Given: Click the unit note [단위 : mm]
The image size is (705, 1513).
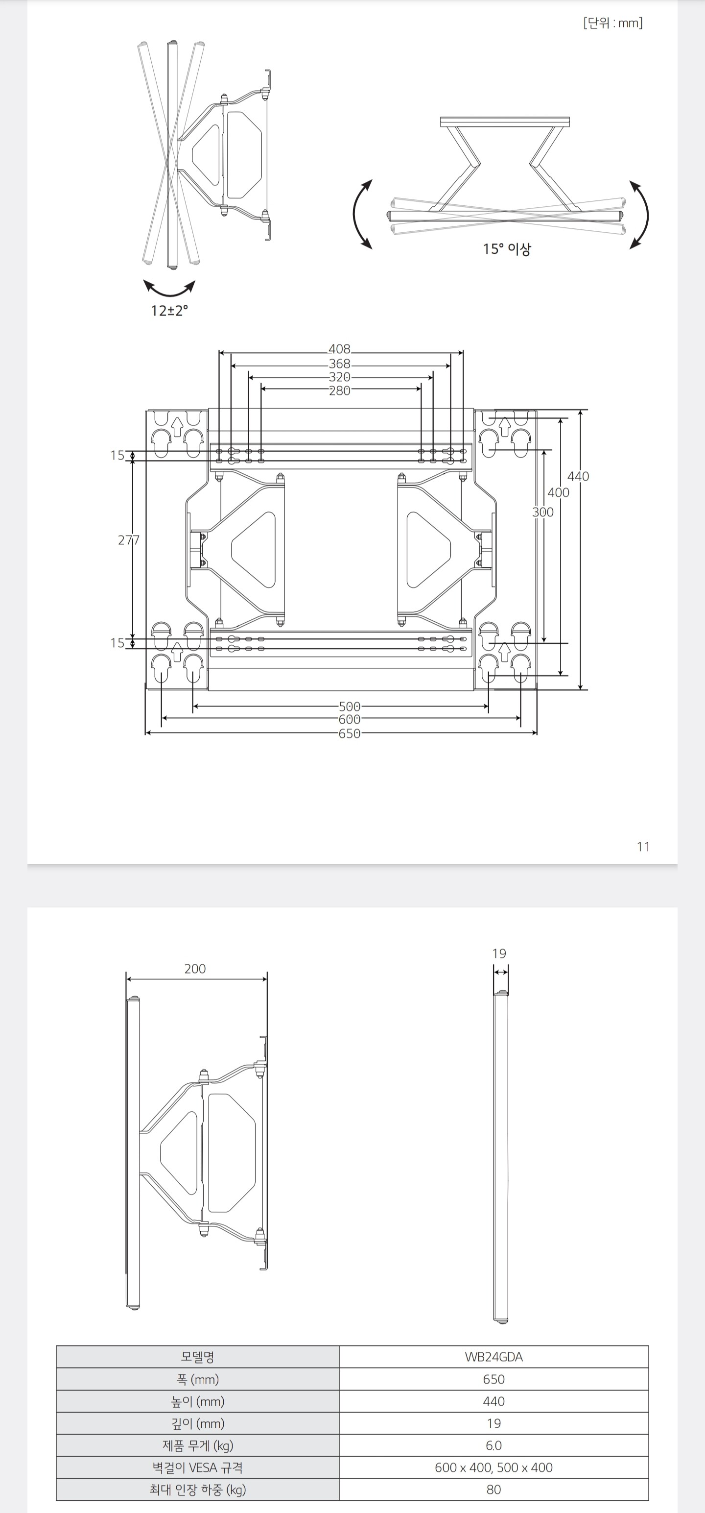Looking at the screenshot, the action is click(613, 23).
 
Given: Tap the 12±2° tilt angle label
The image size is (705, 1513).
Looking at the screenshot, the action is click(169, 311).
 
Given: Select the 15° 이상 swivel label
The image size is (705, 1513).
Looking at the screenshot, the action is click(507, 249).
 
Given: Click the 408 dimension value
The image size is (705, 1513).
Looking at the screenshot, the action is click(339, 349).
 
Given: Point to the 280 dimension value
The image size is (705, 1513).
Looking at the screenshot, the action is click(339, 390).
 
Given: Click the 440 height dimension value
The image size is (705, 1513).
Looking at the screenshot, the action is click(578, 476).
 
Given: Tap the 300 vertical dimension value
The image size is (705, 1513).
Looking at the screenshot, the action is click(543, 512).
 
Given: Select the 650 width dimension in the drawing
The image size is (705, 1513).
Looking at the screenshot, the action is click(349, 733).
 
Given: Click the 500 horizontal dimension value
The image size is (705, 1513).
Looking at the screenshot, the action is click(349, 707).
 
